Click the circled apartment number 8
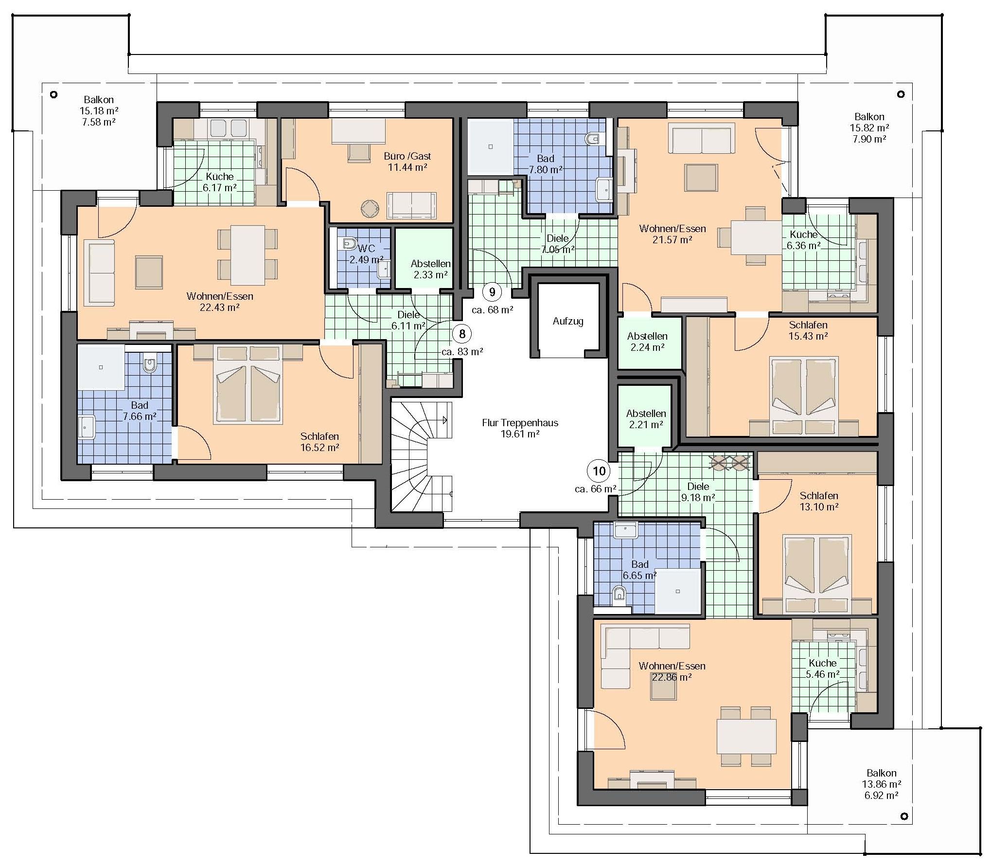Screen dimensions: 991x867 click(462, 334)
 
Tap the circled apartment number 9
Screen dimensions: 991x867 click(492, 292)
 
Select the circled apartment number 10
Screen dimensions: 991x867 click(599, 471)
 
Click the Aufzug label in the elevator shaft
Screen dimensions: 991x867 click(568, 321)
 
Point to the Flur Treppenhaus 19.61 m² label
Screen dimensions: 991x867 click(520, 428)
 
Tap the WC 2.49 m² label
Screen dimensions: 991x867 click(366, 254)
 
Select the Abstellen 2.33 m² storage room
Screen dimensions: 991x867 click(424, 258)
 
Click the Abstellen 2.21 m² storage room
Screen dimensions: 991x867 click(645, 416)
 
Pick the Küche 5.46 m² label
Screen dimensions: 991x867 click(823, 668)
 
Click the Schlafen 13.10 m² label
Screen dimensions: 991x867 click(819, 501)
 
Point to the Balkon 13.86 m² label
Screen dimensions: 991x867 click(881, 784)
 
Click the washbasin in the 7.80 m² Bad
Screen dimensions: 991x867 click(604, 190)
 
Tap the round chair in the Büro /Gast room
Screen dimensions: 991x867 click(370, 209)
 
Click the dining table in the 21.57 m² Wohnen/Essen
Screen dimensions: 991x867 click(757, 237)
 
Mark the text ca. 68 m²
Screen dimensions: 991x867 click(492, 310)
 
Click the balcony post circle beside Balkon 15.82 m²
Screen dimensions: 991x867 click(901, 94)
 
